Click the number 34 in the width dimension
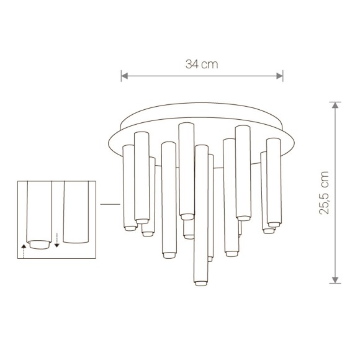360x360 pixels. (x=192, y=64)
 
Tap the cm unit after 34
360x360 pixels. (x=210, y=64)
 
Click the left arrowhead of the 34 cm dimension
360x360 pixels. (x=124, y=76)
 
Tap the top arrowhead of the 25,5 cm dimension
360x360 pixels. (x=336, y=106)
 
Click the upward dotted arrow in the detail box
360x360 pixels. (x=23, y=250)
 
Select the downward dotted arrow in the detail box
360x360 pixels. (x=56, y=240)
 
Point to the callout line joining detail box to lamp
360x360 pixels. (x=109, y=204)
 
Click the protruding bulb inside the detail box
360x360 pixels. (x=40, y=244)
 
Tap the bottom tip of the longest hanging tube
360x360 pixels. (x=200, y=284)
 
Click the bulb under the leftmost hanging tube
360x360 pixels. (x=129, y=228)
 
